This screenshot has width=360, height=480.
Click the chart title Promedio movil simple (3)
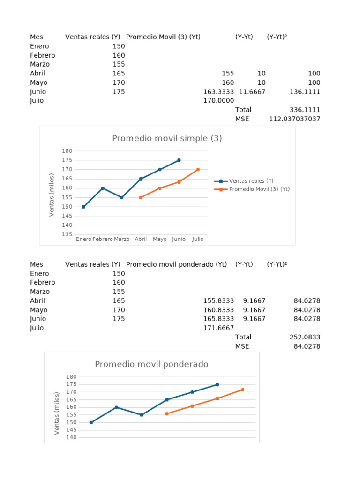click(167, 138)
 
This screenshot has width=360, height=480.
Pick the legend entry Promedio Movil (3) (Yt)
click(259, 189)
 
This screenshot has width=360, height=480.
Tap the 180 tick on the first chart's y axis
click(67, 151)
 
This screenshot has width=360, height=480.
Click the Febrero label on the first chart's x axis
click(103, 239)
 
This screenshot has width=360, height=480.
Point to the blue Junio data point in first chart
click(179, 160)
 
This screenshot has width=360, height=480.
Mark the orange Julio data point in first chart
click(198, 170)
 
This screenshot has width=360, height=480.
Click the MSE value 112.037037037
click(295, 119)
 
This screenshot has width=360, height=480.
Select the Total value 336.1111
click(305, 110)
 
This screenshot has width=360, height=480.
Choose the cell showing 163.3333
click(218, 92)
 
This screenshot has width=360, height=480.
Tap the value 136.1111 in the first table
click(305, 92)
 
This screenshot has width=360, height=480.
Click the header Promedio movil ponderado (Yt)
click(177, 264)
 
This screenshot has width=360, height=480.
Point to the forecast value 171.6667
click(218, 328)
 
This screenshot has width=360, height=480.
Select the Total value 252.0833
click(305, 337)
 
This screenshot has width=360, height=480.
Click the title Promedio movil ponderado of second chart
click(151, 364)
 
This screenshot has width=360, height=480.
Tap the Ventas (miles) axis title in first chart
click(52, 195)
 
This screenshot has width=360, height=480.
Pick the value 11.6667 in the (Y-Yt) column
click(252, 92)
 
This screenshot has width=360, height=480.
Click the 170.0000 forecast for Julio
click(218, 101)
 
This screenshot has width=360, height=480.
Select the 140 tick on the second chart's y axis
click(72, 437)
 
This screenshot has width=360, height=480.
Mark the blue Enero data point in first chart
click(83, 207)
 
